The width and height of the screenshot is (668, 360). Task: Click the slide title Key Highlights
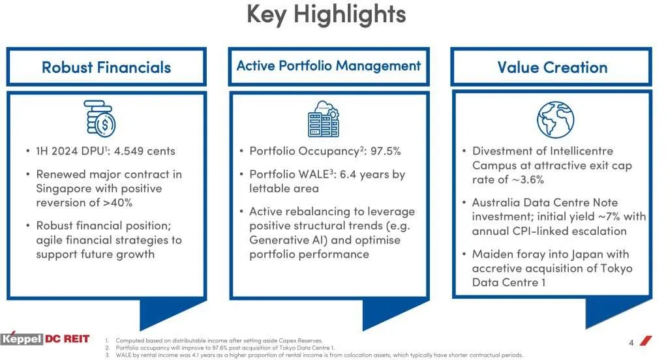pyautogui.click(x=326, y=14)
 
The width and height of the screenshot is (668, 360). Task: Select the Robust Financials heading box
pyautogui.click(x=106, y=67)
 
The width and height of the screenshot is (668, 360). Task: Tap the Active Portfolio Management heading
pyautogui.click(x=328, y=66)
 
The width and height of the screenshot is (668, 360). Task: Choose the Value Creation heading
pyautogui.click(x=552, y=67)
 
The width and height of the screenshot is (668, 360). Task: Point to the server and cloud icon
pyautogui.click(x=323, y=119)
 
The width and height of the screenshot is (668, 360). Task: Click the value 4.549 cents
pyautogui.click(x=145, y=151)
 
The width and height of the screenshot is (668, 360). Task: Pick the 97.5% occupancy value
pyautogui.click(x=386, y=151)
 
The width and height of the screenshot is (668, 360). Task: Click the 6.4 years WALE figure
pyautogui.click(x=365, y=175)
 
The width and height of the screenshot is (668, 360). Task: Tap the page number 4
pyautogui.click(x=631, y=343)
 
